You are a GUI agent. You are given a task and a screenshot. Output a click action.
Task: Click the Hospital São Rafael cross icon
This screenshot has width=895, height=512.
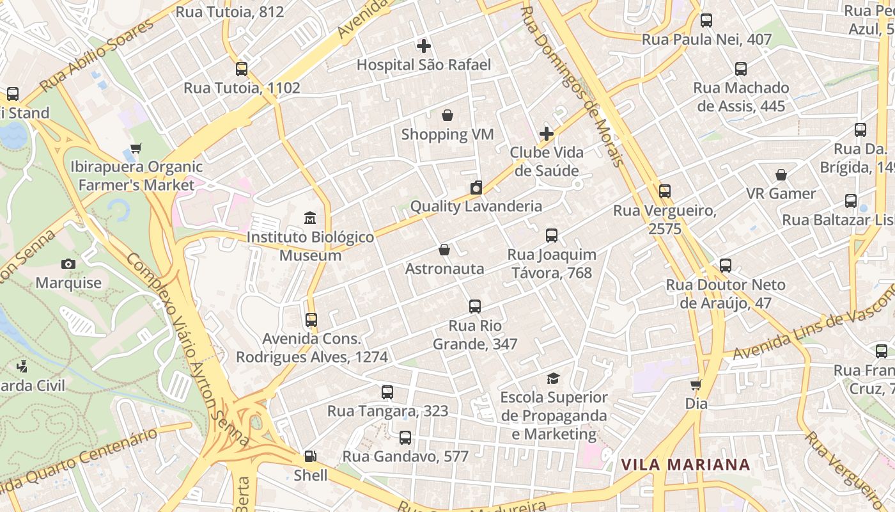click(423, 46)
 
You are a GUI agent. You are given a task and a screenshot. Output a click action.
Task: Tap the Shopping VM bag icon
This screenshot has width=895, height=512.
click(447, 115)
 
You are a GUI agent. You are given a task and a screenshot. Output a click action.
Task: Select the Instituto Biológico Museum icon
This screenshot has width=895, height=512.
click(310, 218)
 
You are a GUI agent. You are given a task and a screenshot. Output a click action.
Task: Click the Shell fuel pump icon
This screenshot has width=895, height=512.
click(310, 456)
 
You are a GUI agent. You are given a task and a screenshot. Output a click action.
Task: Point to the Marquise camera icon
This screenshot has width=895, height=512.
click(68, 264)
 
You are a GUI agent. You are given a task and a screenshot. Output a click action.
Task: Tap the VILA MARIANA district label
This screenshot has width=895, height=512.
click(685, 465)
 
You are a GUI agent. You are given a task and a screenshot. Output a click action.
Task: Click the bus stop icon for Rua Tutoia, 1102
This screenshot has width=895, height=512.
click(242, 69)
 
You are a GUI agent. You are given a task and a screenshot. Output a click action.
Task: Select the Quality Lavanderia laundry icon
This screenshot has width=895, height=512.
click(476, 188)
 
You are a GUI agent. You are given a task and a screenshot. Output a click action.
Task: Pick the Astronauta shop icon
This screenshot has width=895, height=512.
click(444, 250)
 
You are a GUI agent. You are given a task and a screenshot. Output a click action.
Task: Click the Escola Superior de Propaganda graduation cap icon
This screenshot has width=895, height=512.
click(553, 379)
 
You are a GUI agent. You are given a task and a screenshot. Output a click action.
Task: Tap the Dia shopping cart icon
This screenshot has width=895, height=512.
click(696, 385)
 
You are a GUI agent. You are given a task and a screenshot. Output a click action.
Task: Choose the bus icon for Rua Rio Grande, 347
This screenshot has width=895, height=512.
click(474, 307)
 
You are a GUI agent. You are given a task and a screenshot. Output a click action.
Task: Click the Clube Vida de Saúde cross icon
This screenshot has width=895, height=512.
click(546, 134)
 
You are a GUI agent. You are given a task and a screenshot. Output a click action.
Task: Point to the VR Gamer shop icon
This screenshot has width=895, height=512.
click(781, 175)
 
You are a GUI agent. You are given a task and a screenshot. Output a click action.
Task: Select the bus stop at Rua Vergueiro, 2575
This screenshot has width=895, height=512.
click(665, 191)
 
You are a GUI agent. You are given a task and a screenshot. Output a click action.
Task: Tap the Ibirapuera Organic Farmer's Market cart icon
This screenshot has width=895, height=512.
click(136, 148)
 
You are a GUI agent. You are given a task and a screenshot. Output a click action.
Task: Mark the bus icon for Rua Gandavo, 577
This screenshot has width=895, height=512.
click(405, 438)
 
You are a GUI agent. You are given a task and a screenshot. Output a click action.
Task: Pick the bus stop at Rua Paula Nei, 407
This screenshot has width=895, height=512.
click(706, 20)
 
